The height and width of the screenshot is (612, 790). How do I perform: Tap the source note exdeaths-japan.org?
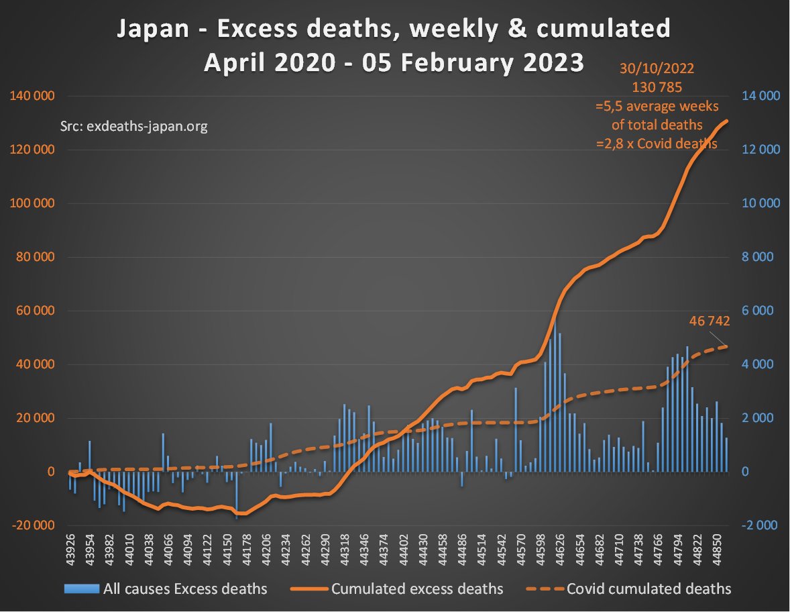[134, 126]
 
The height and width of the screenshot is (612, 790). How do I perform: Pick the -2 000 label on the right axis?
[758, 525]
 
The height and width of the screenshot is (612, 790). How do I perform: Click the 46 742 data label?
[710, 321]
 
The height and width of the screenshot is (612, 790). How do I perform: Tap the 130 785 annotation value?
[657, 87]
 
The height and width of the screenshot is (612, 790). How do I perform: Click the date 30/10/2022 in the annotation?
[657, 69]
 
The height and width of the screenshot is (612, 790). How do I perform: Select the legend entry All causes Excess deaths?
[185, 589]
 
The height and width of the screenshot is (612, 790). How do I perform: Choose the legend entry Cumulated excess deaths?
[416, 589]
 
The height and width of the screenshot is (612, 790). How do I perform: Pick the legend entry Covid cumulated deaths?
[648, 589]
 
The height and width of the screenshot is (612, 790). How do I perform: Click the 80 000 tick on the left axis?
[34, 257]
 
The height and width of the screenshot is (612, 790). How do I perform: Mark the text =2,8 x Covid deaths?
[657, 143]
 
